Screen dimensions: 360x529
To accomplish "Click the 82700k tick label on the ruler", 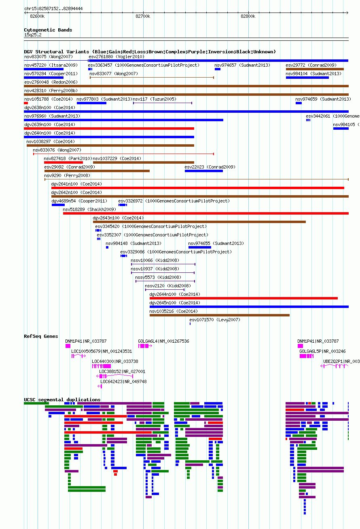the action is [143, 16].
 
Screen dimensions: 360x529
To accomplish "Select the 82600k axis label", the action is [37, 16].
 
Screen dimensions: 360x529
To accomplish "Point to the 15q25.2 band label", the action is [33, 35].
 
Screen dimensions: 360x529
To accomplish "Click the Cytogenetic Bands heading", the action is [48, 30].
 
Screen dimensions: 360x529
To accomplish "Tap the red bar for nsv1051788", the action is [26, 103].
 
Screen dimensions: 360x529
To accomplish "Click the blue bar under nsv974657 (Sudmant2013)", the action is [218, 69].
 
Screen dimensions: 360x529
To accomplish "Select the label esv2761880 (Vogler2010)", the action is [116, 57].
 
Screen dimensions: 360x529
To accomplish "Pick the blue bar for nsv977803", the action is [91, 103].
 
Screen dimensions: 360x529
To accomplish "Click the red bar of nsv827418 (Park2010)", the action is [64, 162].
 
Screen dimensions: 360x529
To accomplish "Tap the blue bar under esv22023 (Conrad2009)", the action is [204, 171].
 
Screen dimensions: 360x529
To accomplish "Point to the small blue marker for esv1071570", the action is [190, 324].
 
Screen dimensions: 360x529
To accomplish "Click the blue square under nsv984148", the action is [107, 247].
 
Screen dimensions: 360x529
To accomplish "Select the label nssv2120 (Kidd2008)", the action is [168, 286].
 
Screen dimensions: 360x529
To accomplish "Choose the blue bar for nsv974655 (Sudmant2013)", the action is [200, 247].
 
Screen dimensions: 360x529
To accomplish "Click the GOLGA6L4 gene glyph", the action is [145, 346].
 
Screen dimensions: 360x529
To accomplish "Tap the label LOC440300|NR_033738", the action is [115, 361].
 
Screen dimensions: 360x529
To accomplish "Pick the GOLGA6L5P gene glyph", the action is [307, 356].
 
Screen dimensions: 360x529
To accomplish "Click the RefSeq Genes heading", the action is [41, 336].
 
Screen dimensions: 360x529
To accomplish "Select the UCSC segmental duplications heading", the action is [62, 400].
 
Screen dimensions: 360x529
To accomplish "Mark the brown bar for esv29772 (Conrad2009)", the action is [315, 69].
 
